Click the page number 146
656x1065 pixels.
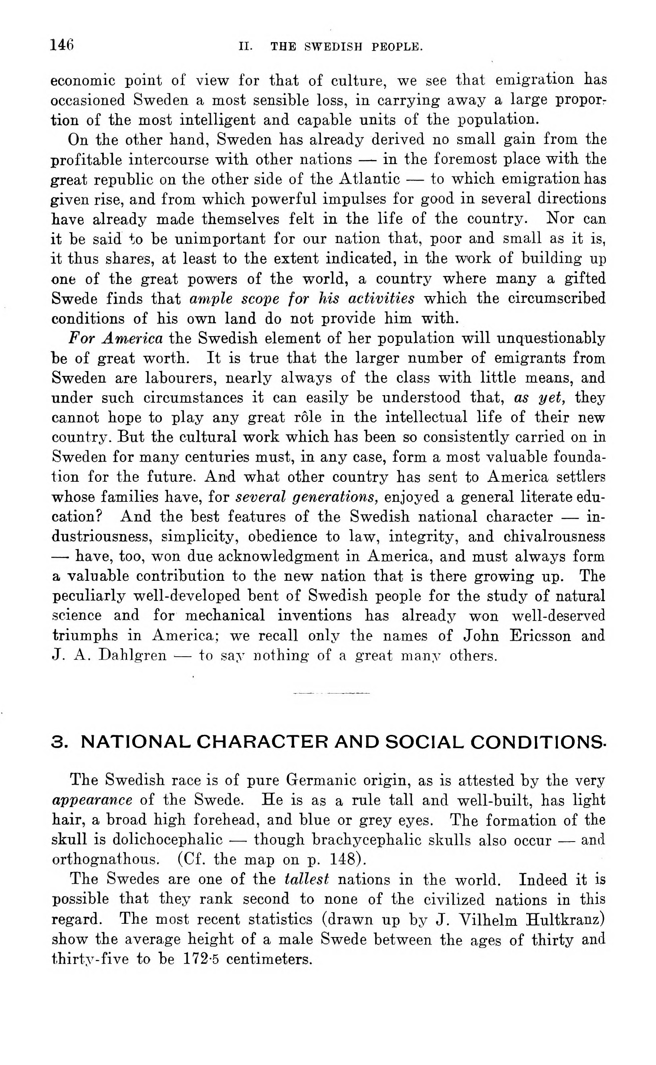(x=62, y=45)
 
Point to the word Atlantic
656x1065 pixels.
(x=369, y=179)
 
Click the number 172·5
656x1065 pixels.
(x=201, y=959)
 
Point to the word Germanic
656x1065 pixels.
(x=320, y=780)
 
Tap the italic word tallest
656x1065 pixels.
(x=306, y=880)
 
